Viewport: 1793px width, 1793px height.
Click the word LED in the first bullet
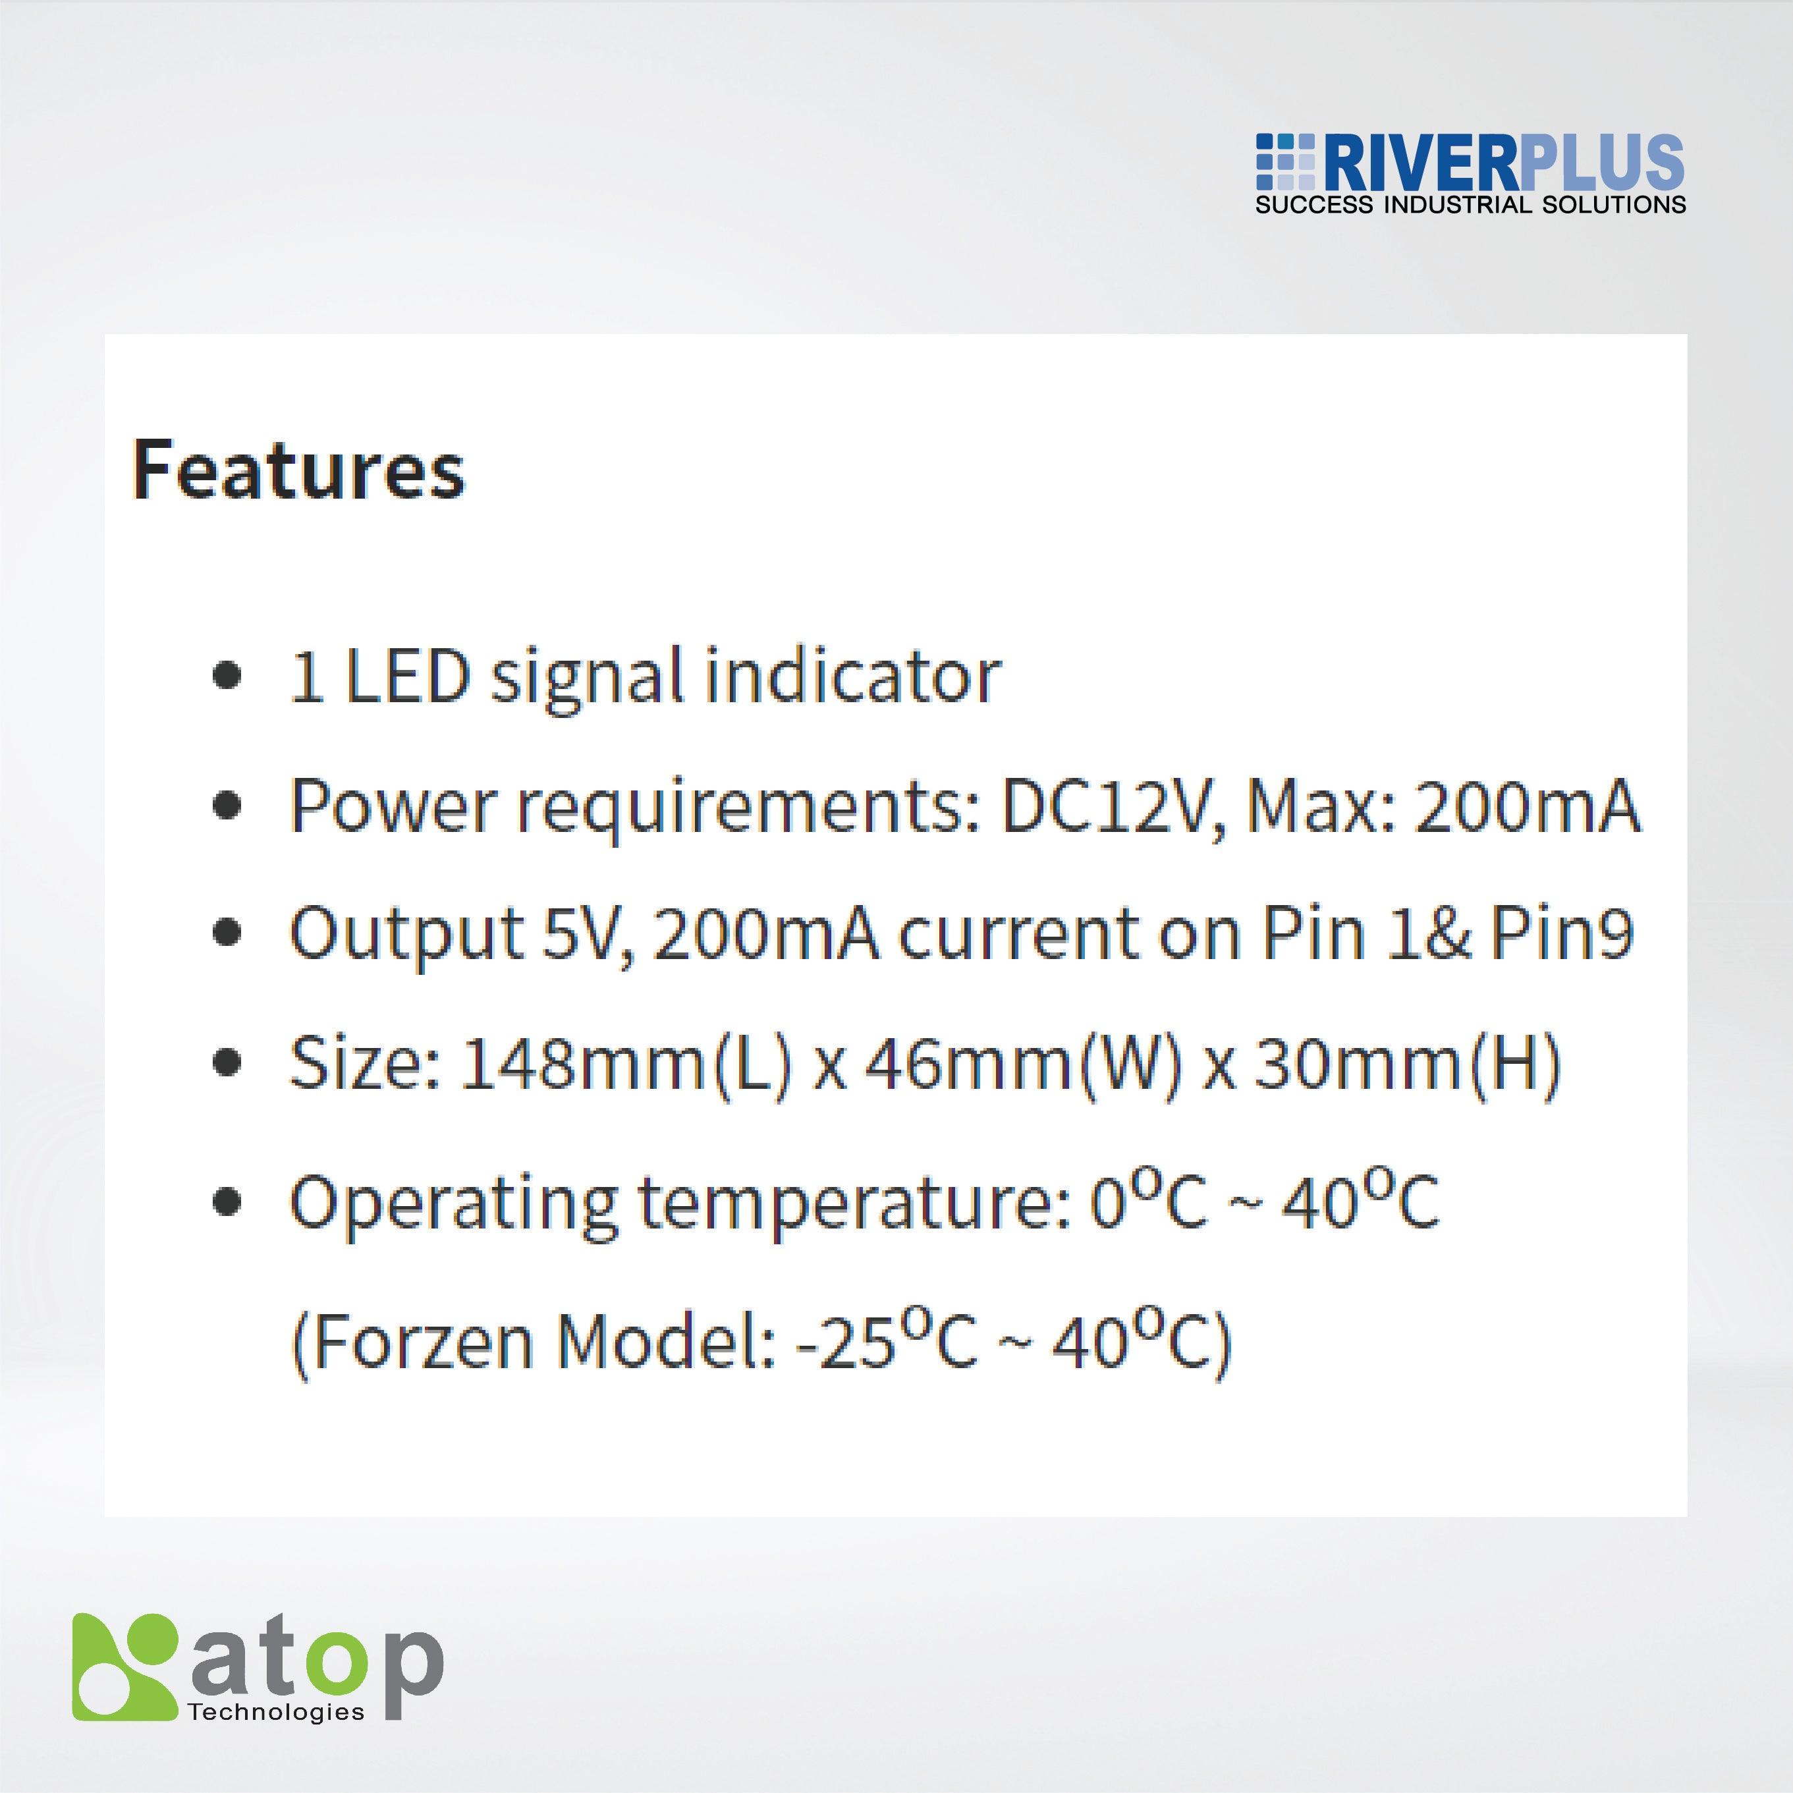coord(406,676)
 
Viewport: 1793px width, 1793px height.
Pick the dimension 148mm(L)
coord(626,1064)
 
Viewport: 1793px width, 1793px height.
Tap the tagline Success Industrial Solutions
coord(1470,205)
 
